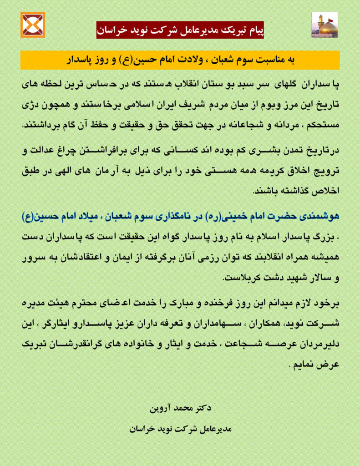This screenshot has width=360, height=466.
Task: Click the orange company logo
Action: coord(33,25)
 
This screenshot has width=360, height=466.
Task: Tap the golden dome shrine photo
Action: coord(324,25)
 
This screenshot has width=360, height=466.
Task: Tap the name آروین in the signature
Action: coord(161,408)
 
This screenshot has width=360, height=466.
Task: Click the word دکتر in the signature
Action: coord(202,408)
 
